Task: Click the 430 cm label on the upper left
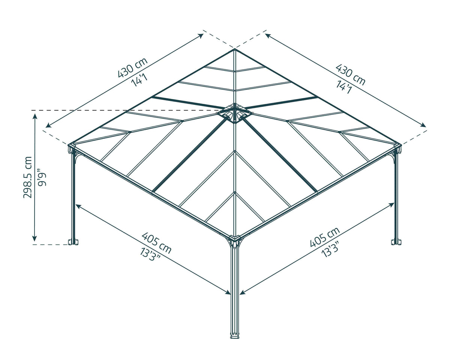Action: [x=133, y=67]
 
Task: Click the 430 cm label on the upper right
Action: [x=351, y=75]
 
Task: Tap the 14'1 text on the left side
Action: [x=139, y=80]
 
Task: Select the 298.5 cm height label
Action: [x=28, y=177]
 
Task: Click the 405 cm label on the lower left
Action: [x=156, y=243]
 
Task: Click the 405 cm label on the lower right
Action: [x=325, y=237]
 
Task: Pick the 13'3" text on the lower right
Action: [x=330, y=249]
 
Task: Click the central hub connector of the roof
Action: [x=234, y=113]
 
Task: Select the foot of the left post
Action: [x=73, y=242]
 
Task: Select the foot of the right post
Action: [x=396, y=242]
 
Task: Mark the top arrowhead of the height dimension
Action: [x=35, y=117]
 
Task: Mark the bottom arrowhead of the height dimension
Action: [x=35, y=238]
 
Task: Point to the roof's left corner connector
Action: [x=72, y=148]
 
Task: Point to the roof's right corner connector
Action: [x=397, y=148]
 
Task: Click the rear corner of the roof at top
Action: [x=234, y=49]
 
